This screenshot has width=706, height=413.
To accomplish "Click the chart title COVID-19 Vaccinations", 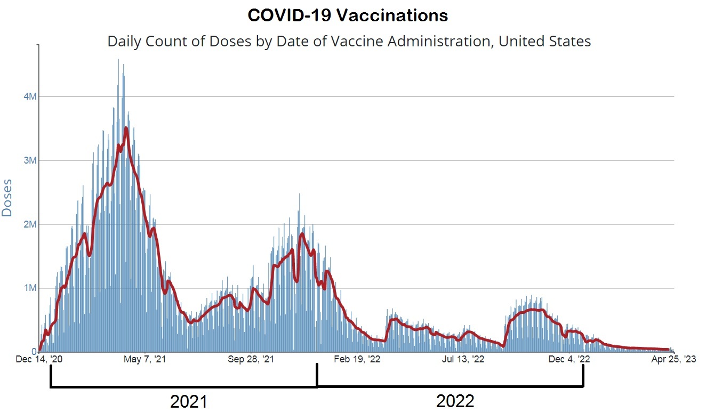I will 348,16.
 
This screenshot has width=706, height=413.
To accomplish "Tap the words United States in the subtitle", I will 544,41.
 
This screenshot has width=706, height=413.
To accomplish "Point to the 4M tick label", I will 29,96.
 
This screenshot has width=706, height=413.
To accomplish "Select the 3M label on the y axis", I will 29,160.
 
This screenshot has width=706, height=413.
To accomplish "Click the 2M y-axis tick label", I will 29,224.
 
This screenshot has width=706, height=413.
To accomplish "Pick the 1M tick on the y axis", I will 29,288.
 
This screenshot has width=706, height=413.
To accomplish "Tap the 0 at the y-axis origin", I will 34,352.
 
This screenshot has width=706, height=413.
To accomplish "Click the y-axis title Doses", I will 7,200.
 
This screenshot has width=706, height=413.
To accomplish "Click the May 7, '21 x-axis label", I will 145,360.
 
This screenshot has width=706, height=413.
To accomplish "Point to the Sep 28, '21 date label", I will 251,360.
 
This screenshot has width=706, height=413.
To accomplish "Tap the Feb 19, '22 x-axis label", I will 357,360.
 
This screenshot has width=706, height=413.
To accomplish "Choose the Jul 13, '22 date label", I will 463,360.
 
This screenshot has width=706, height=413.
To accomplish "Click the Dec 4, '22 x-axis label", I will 569,360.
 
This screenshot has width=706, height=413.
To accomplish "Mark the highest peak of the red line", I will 126,128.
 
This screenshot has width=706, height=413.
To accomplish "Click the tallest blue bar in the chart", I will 118,60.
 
